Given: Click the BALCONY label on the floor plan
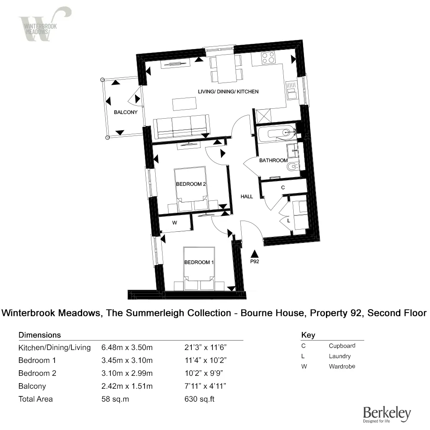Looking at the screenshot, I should coord(126,112).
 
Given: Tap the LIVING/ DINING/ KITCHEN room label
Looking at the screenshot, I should coord(228,92).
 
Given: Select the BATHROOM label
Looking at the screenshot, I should coord(273,160).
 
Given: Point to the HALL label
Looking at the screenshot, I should coord(247,196).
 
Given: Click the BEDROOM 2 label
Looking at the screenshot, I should coord(191,184).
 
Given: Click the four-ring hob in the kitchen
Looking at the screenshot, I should coord(268,58).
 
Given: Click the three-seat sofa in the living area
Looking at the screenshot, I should coord(183,126).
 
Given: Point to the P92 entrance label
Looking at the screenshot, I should coord(255,261).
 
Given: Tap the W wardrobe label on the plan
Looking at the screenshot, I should coord(175,223).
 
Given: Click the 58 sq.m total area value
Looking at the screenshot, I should coord(115,399).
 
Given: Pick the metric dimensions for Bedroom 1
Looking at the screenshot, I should coord(127,360).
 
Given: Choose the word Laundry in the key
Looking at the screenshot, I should coord(340,356).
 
